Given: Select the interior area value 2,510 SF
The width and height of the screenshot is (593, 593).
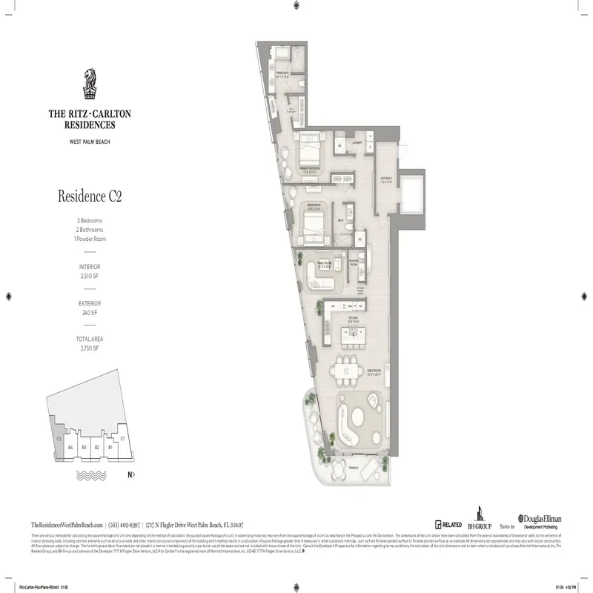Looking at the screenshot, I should pyautogui.click(x=90, y=276).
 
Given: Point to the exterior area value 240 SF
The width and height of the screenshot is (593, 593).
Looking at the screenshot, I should pyautogui.click(x=90, y=312).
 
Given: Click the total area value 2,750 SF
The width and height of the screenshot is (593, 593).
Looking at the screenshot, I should pyautogui.click(x=90, y=348).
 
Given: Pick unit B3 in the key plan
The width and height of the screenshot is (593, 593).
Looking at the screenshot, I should pyautogui.click(x=85, y=448).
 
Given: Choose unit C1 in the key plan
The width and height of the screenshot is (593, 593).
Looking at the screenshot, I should pyautogui.click(x=122, y=439).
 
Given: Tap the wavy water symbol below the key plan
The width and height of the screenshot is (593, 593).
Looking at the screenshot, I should pyautogui.click(x=90, y=472).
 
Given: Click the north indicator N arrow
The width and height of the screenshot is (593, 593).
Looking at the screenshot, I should pyautogui.click(x=131, y=474).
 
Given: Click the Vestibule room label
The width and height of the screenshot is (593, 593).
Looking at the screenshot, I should pyautogui.click(x=385, y=179).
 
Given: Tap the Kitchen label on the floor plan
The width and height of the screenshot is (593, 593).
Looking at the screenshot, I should pyautogui.click(x=354, y=320).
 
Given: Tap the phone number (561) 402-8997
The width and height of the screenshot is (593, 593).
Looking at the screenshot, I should pyautogui.click(x=125, y=523).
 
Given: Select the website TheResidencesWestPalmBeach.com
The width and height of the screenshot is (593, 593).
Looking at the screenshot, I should pyautogui.click(x=66, y=523).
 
